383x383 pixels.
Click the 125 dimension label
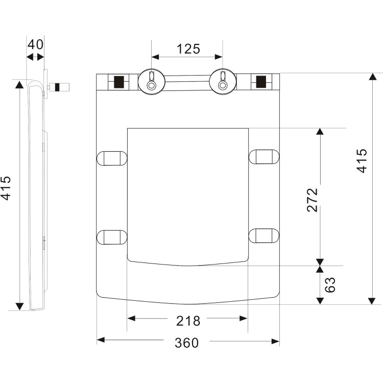188,49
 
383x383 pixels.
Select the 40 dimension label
35,44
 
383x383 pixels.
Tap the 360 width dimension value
186,343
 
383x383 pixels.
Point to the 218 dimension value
188,321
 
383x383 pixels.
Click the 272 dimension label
313,200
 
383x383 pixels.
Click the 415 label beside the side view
6,188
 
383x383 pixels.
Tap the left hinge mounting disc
151,81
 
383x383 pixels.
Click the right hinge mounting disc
223,81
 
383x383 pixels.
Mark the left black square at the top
119,82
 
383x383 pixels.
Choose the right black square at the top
260,82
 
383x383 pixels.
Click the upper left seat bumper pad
112,157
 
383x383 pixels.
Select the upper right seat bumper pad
264,157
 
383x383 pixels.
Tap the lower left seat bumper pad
112,237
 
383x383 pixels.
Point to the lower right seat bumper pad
264,235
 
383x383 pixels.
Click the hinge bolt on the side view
60,86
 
